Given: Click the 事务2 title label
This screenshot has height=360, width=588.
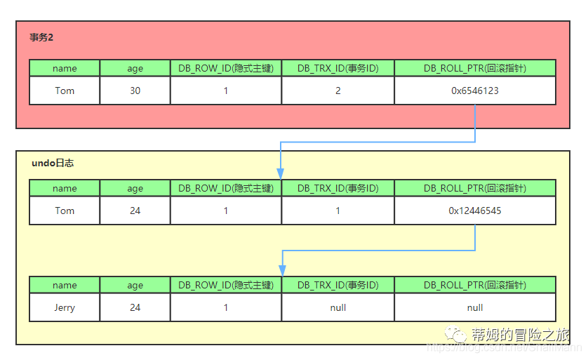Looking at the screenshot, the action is [x=41, y=38].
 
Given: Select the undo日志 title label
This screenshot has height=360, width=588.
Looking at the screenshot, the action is [x=53, y=163].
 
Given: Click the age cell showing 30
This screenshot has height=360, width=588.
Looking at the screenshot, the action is [x=135, y=91].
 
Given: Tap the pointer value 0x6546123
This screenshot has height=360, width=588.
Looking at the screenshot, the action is [x=475, y=91].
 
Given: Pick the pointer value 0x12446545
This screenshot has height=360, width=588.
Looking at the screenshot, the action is [x=475, y=211].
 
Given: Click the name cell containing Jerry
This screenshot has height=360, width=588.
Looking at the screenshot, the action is [x=65, y=307].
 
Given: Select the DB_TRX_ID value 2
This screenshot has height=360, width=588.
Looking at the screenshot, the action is [x=338, y=91].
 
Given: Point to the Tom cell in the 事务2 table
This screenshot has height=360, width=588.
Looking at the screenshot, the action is [x=65, y=91].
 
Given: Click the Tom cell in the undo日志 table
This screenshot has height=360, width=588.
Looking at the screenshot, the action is [x=65, y=211].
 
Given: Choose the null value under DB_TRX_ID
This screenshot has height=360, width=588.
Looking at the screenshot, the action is [x=338, y=307].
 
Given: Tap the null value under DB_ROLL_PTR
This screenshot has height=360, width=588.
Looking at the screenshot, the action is [x=475, y=307].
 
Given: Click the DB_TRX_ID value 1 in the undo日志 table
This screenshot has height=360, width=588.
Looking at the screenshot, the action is [x=338, y=211].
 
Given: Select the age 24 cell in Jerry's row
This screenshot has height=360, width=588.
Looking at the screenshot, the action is [x=135, y=307].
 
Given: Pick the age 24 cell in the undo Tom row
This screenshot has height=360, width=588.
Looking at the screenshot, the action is [x=135, y=211].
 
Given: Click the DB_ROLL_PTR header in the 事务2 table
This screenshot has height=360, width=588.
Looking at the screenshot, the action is [x=475, y=68].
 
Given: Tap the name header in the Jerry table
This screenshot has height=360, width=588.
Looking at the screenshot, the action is [x=65, y=285].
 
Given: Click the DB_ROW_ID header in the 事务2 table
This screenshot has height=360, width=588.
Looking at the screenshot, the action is [x=225, y=68].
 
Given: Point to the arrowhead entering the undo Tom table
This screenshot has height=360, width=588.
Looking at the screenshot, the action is [x=281, y=173].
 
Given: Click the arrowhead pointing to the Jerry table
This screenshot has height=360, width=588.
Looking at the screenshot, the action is [x=281, y=270].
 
